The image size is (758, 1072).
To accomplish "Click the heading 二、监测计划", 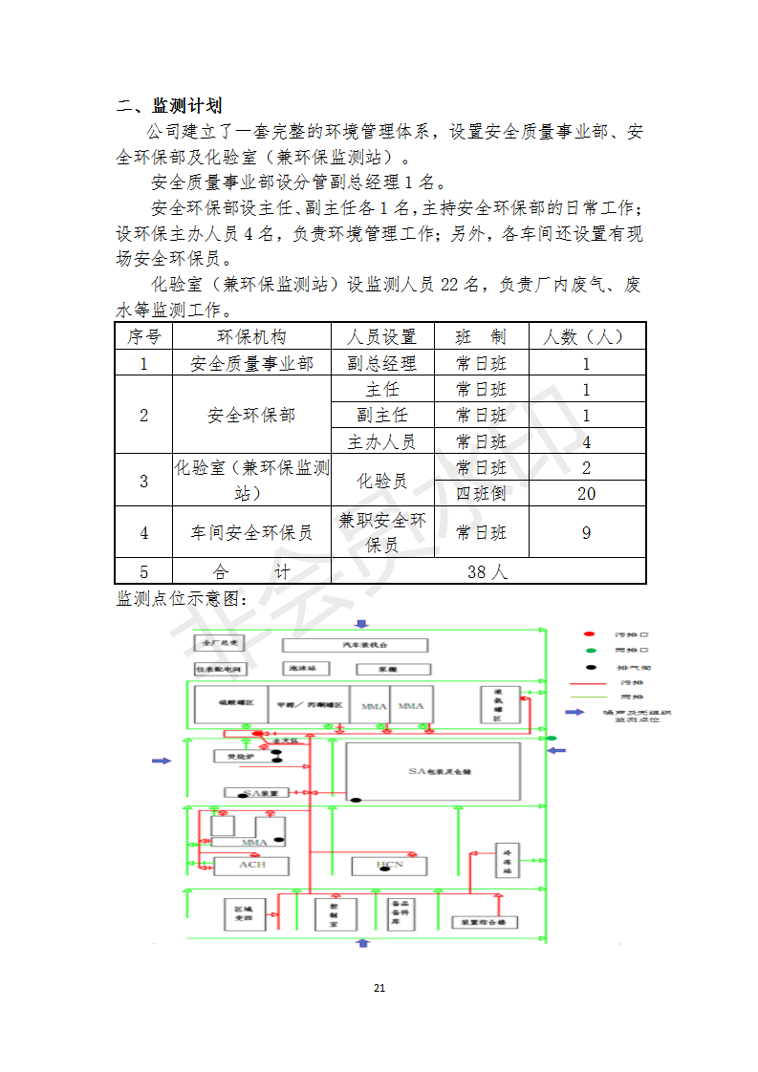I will coord(168,105).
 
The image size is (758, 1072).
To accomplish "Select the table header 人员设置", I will coord(381,337).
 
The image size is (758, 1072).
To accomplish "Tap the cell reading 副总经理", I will coord(381,363).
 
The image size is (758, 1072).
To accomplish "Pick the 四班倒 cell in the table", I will coord(481,493).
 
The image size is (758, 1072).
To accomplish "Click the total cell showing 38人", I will coord(487,571).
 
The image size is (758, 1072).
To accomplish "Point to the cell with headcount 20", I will coord(586,493).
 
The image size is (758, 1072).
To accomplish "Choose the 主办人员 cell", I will coord(381,441).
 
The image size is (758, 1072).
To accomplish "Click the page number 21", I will coord(379,988).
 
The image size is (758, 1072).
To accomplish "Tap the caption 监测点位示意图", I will coord(182,598).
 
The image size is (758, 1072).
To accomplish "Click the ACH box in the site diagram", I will coord(251,865).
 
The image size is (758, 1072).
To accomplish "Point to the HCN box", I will coord(389,866).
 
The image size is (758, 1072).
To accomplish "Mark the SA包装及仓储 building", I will coord(433,771).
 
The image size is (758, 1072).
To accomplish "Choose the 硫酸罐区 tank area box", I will coord(229,704).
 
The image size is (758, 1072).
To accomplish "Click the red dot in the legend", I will coord(590,634).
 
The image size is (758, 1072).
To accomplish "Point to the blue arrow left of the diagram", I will coord(162,761).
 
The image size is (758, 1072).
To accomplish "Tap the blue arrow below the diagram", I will coord(361,943).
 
